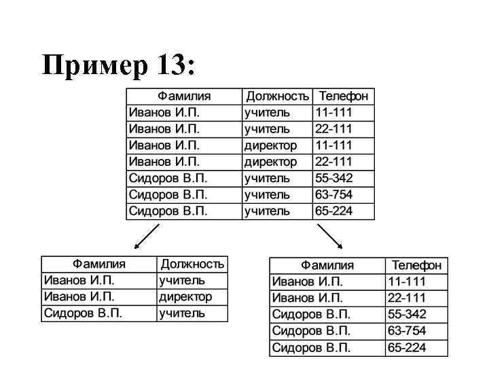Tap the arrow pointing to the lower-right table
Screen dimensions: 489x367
pos(330,236)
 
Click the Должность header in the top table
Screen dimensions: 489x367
pos(277,97)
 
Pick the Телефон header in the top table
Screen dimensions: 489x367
pos(343,97)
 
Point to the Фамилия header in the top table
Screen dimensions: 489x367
pos(184,97)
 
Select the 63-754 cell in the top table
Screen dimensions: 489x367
pos(333,195)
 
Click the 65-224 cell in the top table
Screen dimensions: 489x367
pos(333,211)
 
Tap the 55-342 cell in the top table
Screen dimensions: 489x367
pos(333,178)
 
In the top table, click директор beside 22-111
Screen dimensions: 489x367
pos(270,162)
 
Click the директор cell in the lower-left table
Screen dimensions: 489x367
pos(185,297)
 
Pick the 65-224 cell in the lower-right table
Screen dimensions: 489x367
pos(407,348)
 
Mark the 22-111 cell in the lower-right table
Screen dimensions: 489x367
pos(407,298)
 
